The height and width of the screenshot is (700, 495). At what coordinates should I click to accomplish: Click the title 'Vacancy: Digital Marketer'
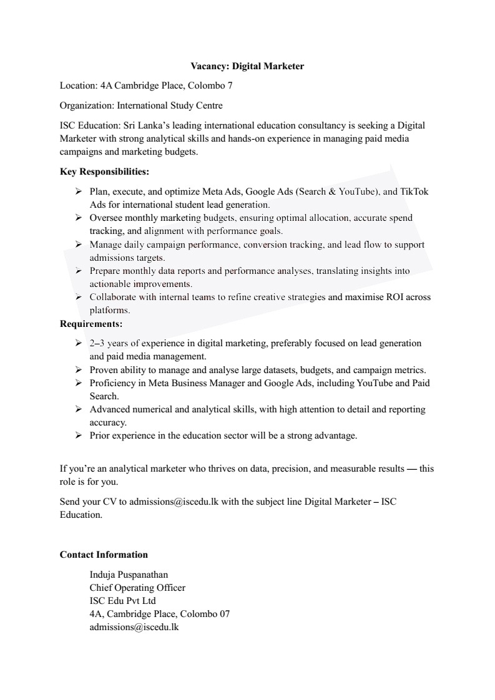pos(247,66)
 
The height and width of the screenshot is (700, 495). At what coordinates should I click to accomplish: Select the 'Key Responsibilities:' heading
pos(104,171)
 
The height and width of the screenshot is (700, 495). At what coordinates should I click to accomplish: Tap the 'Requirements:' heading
pos(91,324)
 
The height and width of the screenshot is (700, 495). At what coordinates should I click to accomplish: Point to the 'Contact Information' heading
pos(104,555)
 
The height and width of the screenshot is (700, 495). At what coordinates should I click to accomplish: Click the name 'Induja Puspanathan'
pos(129,574)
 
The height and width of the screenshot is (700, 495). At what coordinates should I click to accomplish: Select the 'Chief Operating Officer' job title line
pos(137,587)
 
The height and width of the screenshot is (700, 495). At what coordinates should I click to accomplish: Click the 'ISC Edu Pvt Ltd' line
pos(122,600)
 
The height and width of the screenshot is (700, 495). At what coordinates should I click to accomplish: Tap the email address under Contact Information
pos(134,627)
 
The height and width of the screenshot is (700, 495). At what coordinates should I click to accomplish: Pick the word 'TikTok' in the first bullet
pos(414,192)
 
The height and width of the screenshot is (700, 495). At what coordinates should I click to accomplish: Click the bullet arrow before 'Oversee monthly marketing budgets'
pos(79,218)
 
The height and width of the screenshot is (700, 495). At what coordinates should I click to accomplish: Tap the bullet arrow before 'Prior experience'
pos(79,435)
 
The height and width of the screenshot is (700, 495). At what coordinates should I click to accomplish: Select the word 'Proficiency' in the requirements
pos(113,382)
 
